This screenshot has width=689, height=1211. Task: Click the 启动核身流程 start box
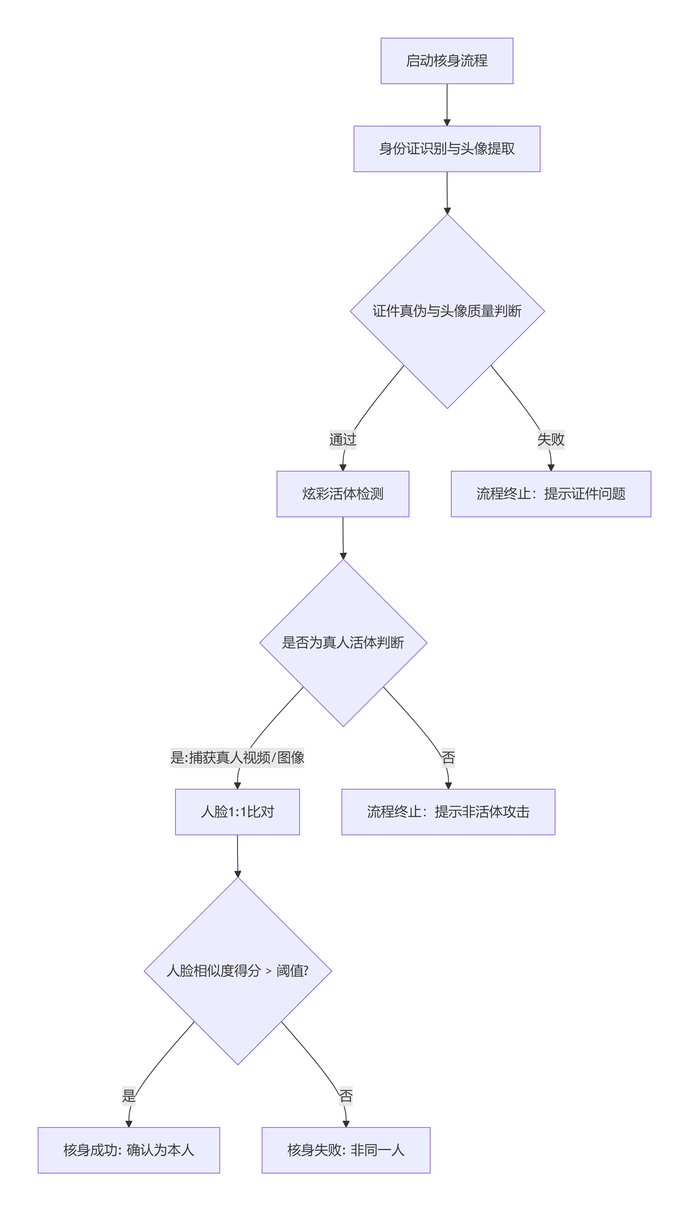[447, 61]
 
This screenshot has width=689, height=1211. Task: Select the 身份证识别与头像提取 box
[447, 149]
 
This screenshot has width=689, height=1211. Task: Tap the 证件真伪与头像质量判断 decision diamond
[447, 311]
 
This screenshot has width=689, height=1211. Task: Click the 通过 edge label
[343, 440]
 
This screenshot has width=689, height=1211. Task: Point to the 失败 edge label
[551, 440]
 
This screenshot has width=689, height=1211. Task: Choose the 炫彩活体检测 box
[343, 494]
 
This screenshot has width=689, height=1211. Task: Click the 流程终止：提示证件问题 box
[551, 494]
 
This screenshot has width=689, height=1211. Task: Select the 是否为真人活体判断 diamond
[343, 642]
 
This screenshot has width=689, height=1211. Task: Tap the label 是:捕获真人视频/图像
[237, 757]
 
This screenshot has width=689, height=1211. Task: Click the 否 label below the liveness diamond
[448, 757]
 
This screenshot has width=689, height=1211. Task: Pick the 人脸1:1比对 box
[237, 812]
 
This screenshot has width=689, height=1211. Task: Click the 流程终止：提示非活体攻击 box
[448, 812]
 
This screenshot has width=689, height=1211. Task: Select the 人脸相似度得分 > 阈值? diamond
[237, 971]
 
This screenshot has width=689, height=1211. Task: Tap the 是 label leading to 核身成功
[129, 1096]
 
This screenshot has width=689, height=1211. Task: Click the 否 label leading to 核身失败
[346, 1096]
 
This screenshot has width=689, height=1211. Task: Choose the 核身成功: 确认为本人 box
[129, 1150]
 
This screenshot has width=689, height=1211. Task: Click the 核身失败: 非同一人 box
[346, 1150]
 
